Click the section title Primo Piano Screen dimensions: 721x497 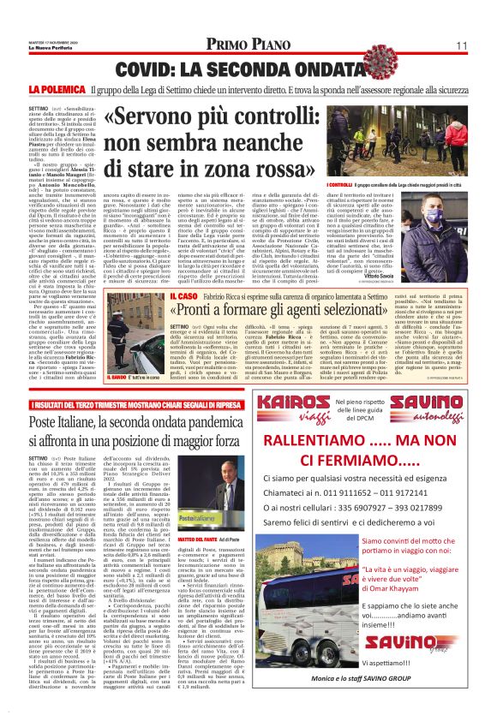(x=248, y=45)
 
